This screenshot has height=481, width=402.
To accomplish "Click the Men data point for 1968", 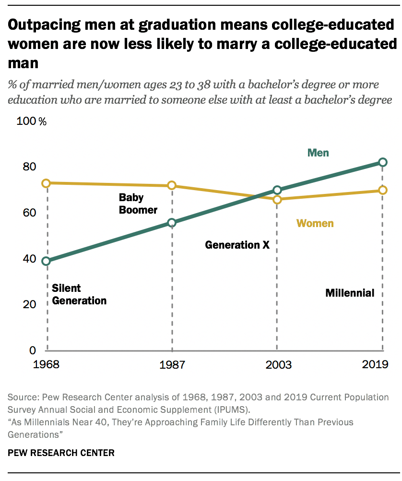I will (x=47, y=261).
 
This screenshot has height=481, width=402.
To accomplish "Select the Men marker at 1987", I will (x=172, y=223).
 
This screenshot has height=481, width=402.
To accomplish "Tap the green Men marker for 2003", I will (x=277, y=190).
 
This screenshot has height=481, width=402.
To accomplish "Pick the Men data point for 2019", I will (x=382, y=162).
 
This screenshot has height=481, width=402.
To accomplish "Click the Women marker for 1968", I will (x=47, y=183).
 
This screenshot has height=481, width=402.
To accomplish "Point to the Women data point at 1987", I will (x=172, y=186).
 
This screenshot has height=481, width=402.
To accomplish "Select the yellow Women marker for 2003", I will (x=277, y=199).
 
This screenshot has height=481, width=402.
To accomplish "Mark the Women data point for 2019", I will (x=382, y=190).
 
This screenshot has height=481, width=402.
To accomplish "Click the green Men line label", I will (x=318, y=153).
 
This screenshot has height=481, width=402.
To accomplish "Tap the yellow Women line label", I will (x=315, y=223).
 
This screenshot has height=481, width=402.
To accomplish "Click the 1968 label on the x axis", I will (x=47, y=364).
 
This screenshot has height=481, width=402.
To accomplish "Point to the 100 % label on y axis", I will (x=32, y=121).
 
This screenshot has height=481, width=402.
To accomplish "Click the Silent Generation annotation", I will (x=79, y=294).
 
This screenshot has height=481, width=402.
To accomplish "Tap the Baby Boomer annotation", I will (x=138, y=204).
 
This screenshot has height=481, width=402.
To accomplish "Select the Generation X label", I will (x=237, y=245).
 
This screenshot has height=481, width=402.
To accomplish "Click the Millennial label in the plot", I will (x=350, y=293).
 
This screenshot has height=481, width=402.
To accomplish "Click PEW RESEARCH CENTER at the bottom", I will (x=61, y=453).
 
